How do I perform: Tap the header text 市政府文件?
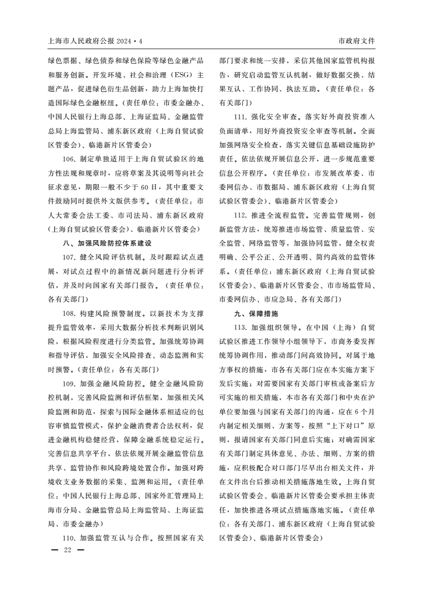[x=357, y=41]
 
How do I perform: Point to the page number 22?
[x=67, y=549]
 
